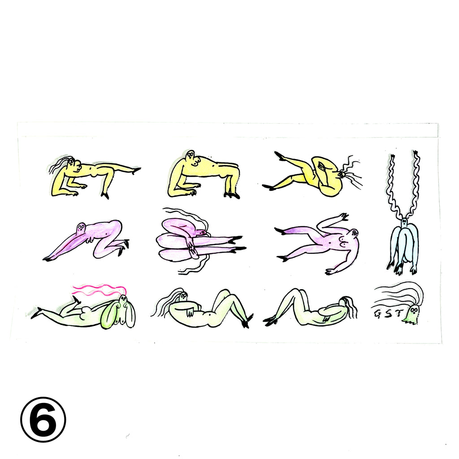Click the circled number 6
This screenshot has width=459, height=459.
coord(43,420)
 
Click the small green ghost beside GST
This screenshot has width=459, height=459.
coord(411,314)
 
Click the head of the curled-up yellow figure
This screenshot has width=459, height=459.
coord(341,175)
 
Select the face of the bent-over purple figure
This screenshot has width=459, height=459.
coord(81,228)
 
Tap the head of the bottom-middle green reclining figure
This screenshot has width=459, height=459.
coord(183,296)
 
